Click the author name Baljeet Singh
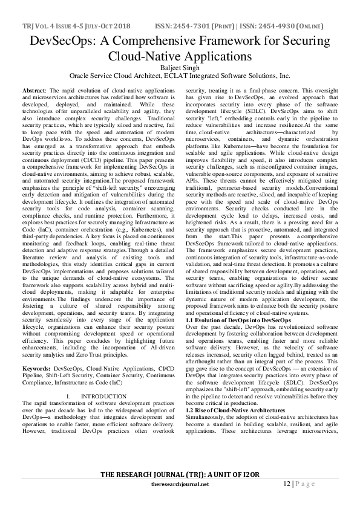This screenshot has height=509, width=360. (180, 68)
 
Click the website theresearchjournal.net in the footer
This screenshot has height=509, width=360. (180, 484)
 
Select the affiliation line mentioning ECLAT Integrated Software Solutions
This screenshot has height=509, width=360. (180, 77)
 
